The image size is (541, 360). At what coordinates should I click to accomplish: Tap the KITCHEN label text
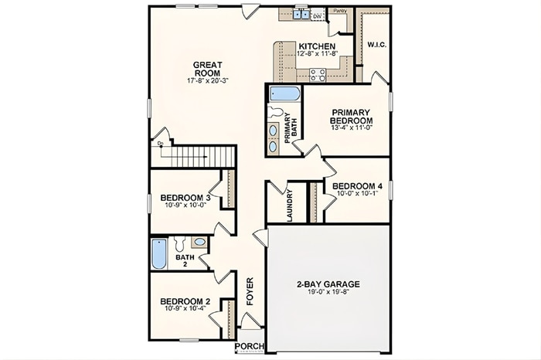tap(318, 46)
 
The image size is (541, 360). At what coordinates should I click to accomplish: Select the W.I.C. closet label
tap(376, 44)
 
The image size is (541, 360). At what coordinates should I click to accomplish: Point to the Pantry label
tap(339, 12)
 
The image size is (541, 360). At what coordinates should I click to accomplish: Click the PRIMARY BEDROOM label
tap(352, 117)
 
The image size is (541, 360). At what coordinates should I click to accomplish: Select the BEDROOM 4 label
tap(357, 186)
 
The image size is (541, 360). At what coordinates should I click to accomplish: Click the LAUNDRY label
tap(288, 205)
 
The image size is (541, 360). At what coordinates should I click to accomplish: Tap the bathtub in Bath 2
tap(158, 254)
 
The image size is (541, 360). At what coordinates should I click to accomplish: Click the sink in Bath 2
tap(199, 242)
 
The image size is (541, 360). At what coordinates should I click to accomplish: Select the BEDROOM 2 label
tap(185, 301)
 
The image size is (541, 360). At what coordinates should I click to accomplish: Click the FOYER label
tap(250, 290)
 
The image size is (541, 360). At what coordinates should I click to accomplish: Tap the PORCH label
tap(249, 345)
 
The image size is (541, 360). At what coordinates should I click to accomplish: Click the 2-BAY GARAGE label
tap(328, 284)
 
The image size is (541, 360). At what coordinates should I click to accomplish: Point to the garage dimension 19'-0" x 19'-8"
tap(328, 293)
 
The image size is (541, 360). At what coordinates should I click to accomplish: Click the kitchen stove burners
tap(318, 74)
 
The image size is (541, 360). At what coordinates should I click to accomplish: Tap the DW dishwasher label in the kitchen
tap(318, 15)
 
